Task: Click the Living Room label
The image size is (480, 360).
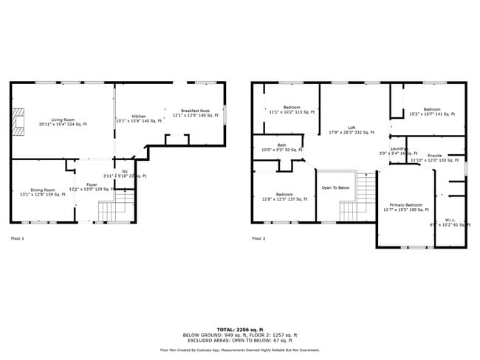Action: coord(63,122)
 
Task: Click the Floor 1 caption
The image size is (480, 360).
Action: coord(18,238)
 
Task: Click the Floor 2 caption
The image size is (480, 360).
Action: coord(258,238)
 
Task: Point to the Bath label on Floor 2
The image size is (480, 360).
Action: coord(281,147)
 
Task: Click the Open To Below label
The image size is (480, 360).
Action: coord(335,187)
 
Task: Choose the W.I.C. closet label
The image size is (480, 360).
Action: coord(450,221)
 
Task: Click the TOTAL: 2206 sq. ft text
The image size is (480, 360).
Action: coord(241,329)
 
